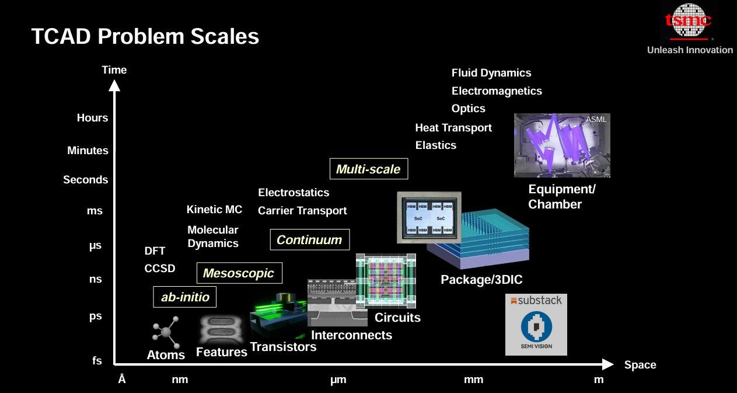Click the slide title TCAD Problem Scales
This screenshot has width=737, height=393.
(x=145, y=37)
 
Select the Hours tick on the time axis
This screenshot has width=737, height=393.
(x=92, y=118)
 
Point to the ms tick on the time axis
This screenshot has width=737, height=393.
(x=95, y=211)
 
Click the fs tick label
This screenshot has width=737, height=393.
(x=97, y=361)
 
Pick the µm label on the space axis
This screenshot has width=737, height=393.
(x=338, y=380)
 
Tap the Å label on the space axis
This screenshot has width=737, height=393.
(x=122, y=380)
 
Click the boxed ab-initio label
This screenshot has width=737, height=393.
(x=185, y=297)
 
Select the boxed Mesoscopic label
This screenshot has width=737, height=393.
(x=239, y=273)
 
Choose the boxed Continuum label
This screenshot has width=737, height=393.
(x=309, y=239)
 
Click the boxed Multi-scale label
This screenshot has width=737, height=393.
(x=368, y=169)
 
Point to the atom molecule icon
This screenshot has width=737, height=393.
(x=166, y=332)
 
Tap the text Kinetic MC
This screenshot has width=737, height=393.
(x=214, y=210)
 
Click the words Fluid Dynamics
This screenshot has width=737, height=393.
(x=491, y=73)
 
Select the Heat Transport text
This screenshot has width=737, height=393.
(x=453, y=128)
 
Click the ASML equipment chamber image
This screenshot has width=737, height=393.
(x=561, y=145)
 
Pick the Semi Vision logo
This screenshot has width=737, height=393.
(x=536, y=331)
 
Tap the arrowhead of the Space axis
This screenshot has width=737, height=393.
(x=608, y=364)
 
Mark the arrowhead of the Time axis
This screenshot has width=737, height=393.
(x=114, y=85)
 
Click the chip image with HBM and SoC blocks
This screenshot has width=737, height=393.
(x=429, y=217)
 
